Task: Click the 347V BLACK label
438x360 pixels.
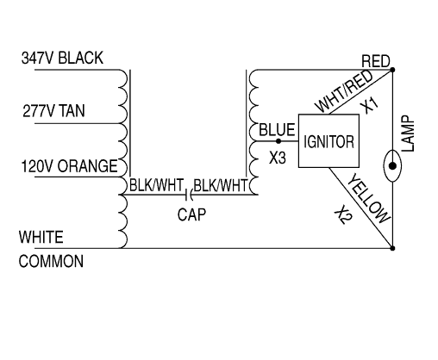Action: point(62,59)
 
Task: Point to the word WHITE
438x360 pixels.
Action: point(41,237)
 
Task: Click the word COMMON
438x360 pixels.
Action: point(51,261)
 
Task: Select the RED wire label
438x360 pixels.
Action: point(376,61)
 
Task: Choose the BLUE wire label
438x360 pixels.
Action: point(277,129)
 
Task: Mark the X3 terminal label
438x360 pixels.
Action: point(277,159)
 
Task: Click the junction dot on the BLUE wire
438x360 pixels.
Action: point(277,140)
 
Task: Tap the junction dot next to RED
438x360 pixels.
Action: point(392,70)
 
